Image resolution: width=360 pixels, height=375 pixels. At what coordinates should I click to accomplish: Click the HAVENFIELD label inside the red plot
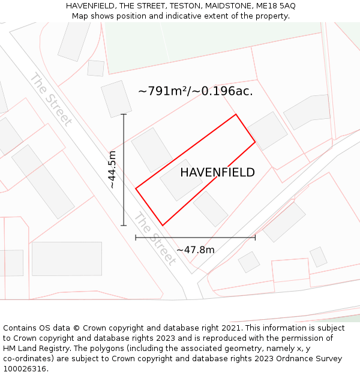coord(217,173)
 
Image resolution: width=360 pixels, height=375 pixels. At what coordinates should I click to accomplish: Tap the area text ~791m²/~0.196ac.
coord(196,91)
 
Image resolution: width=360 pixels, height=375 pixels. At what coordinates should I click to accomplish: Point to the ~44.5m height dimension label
coord(112,170)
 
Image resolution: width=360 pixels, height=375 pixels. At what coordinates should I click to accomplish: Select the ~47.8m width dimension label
coord(195,250)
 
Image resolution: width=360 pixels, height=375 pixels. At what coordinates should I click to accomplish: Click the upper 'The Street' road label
coord(51,99)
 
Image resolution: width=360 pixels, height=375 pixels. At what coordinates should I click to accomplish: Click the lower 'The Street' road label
coord(155,238)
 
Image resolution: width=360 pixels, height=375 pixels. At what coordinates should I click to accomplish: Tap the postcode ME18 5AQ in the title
coord(275,6)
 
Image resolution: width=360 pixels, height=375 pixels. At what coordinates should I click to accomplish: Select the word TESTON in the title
coord(185,6)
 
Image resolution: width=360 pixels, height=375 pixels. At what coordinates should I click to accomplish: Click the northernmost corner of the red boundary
coord(236,114)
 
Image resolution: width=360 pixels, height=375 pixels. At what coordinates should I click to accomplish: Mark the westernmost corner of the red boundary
coord(136,188)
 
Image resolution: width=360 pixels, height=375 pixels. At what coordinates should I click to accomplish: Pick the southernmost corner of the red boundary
coord(162,226)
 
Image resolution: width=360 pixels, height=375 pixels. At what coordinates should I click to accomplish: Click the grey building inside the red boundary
coord(181,179)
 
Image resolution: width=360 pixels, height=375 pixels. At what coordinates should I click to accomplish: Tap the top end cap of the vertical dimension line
coord(124,114)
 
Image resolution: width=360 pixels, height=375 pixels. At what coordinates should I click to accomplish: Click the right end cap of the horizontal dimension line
coord(255,238)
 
